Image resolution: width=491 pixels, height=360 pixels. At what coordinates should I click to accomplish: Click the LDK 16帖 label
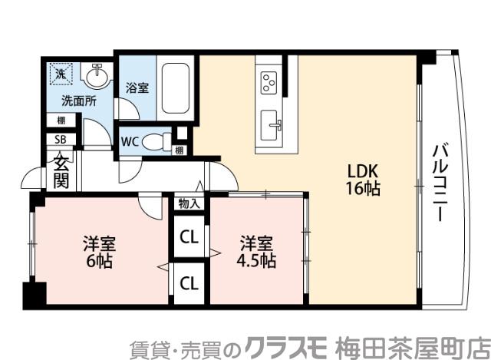point(364,179)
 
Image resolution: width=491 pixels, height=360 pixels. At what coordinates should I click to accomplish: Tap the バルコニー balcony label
point(439,182)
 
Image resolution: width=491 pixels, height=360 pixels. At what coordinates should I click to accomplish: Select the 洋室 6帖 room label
point(100,253)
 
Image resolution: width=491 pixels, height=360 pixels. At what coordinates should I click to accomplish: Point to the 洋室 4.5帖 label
point(256,253)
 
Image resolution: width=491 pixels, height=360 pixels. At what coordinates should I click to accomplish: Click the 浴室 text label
point(138,88)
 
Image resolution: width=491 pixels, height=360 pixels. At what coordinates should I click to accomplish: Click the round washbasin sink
point(96,76)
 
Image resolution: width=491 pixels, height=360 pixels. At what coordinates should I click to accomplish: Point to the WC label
point(130,142)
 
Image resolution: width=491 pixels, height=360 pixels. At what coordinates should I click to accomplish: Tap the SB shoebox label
point(59,140)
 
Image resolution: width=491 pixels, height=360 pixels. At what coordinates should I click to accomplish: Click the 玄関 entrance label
point(60,170)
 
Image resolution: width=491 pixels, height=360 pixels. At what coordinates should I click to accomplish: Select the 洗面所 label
point(79,101)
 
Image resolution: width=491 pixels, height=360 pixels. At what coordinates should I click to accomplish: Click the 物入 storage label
point(189,203)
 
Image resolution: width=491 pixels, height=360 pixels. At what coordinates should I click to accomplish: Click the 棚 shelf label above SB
point(59,120)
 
